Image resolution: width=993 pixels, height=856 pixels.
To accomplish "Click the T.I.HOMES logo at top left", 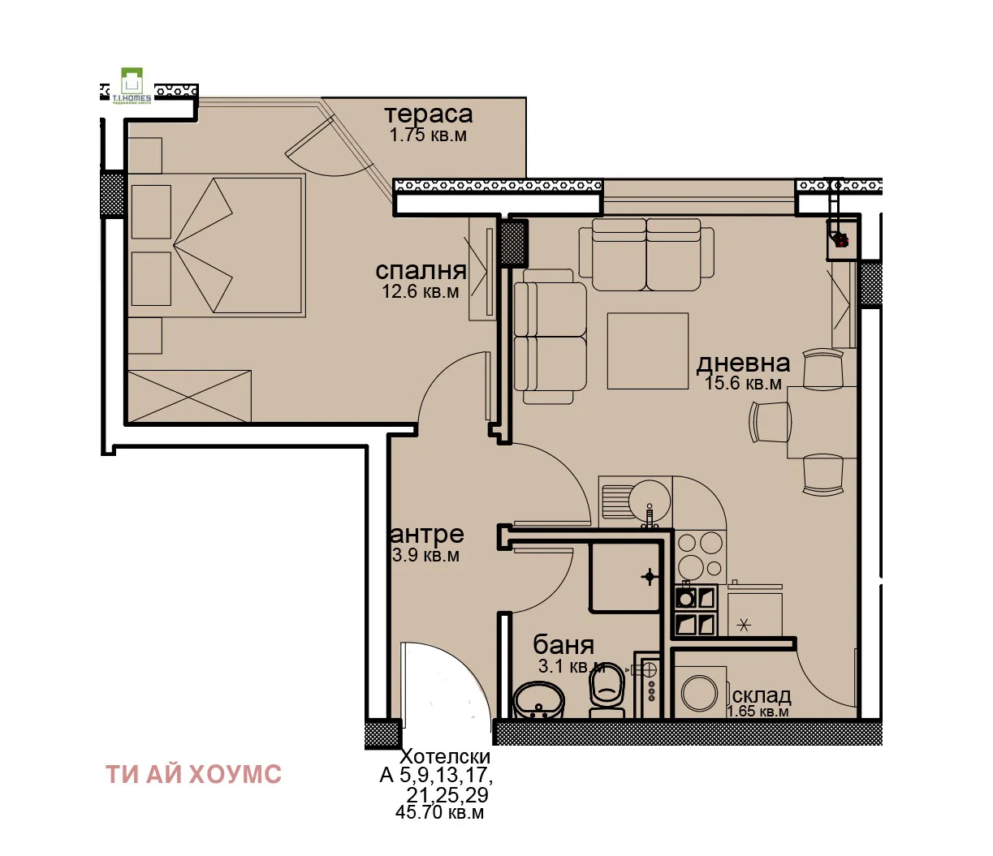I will [x=131, y=85].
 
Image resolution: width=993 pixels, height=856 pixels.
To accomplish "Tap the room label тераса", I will [x=428, y=114].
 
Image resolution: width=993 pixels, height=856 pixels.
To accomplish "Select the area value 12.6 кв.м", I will [x=421, y=291].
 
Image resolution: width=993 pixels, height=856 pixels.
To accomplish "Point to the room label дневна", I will [x=743, y=363].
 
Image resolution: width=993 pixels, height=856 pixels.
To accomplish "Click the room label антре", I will [x=428, y=535].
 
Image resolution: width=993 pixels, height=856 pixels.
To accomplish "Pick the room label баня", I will [x=563, y=645].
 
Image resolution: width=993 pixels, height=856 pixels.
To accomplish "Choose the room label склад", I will [x=761, y=695].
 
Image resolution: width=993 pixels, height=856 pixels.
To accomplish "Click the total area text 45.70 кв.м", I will [x=439, y=812].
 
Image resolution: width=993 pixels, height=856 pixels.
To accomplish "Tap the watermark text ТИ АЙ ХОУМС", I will [x=193, y=774].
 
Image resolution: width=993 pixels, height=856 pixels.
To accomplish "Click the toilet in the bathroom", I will [x=607, y=690].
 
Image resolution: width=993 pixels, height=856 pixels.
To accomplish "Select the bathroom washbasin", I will [x=538, y=700].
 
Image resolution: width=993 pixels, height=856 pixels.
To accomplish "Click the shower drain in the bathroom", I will [x=649, y=577].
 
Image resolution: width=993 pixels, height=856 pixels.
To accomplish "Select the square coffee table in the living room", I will [x=647, y=351].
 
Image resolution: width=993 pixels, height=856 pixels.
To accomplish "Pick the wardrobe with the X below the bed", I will [x=189, y=396].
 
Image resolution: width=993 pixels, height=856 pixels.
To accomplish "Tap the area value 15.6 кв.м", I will [x=743, y=383].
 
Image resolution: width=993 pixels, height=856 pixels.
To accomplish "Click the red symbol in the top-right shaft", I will [x=841, y=240].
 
